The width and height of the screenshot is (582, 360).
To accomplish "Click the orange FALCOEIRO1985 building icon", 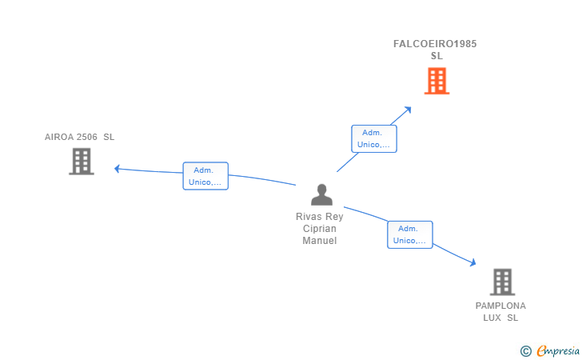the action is (x=436, y=81).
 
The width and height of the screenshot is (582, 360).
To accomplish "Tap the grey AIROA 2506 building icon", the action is (x=82, y=162).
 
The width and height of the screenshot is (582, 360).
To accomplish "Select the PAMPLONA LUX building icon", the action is (x=502, y=282).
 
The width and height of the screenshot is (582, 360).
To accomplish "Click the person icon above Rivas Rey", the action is (x=322, y=194).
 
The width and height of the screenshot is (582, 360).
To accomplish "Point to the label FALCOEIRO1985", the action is (x=435, y=44).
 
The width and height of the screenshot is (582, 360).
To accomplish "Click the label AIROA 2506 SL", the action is (x=79, y=137).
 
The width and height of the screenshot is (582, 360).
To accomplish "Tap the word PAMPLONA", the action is (x=500, y=306).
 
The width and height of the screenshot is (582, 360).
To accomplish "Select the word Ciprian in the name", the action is (x=320, y=229).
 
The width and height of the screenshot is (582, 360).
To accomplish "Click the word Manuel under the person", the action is (x=320, y=241).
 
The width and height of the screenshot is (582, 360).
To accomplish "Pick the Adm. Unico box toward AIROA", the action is (x=205, y=176).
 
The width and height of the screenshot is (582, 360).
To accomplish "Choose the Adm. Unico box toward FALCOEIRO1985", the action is (x=374, y=138).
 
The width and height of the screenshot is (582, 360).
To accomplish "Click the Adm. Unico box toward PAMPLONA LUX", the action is (x=410, y=234).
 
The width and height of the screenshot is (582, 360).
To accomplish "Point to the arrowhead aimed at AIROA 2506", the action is (x=117, y=169).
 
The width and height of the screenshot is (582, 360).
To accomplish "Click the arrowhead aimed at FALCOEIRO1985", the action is (x=409, y=110).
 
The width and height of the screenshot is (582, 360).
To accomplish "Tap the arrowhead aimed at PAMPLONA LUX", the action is (x=473, y=262).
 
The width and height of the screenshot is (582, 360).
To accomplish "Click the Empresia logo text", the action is (x=558, y=350).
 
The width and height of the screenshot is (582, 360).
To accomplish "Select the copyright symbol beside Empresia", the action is (x=526, y=351).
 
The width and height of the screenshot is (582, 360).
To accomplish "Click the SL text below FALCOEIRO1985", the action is (x=436, y=56).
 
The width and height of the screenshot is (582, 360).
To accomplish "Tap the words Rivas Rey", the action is (x=320, y=217).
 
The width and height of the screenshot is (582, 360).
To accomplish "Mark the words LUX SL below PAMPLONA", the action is (x=500, y=318).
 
